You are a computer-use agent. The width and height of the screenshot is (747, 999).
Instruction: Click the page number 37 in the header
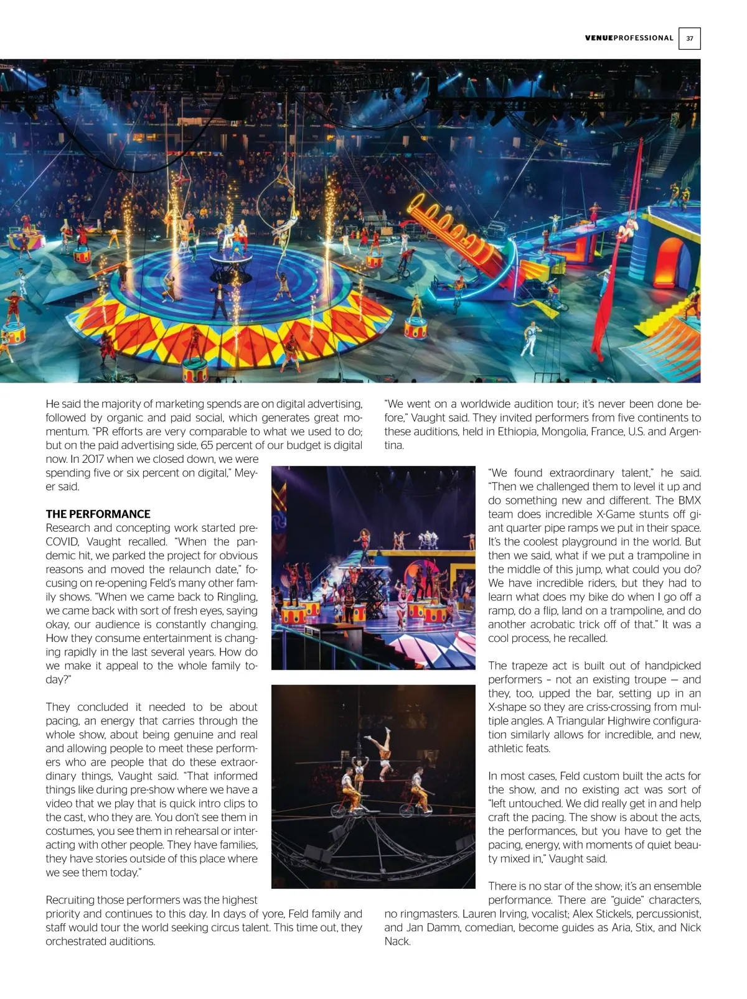tap(689, 39)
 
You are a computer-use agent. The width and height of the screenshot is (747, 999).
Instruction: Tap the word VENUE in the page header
tap(599, 38)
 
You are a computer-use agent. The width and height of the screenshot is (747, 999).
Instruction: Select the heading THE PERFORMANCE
tap(98, 514)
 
